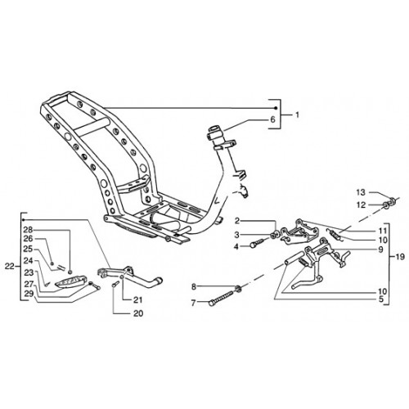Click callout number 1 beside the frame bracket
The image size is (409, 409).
tap(297, 115)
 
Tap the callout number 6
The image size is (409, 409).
tap(272, 119)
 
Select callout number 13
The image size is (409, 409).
tap(361, 192)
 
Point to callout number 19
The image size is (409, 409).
tap(400, 257)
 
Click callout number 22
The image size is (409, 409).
tap(9, 267)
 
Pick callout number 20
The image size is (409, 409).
tap(138, 313)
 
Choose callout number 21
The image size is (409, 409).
tap(137, 300)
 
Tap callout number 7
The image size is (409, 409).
tap(194, 303)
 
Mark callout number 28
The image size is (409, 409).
tap(28, 229)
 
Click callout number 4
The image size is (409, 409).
tap(236, 247)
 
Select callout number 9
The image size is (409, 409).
tap(380, 249)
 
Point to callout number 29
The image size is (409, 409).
tap(29, 294)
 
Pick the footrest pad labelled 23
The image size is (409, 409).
tap(71, 281)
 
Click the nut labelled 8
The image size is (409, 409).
tap(238, 288)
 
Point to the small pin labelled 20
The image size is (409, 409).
tap(115, 285)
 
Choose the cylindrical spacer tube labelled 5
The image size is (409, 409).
tap(294, 258)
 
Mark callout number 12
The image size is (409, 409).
tap(361, 205)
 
